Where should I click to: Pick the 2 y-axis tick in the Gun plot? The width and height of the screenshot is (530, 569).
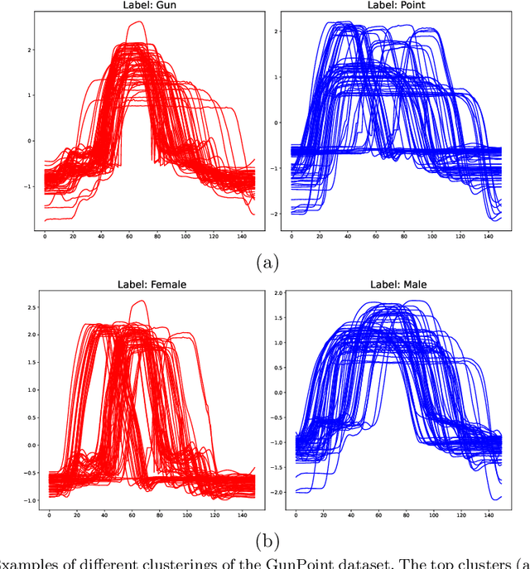click(x=31, y=51)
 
